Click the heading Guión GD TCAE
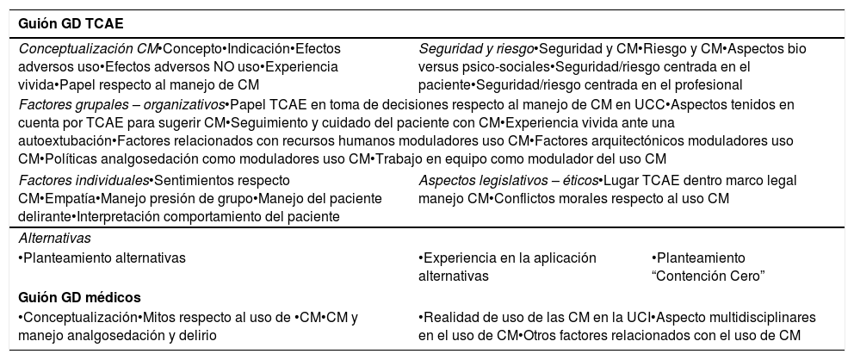pos(64,24)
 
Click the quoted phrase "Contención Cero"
pos(709,276)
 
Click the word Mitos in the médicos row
pos(161,317)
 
